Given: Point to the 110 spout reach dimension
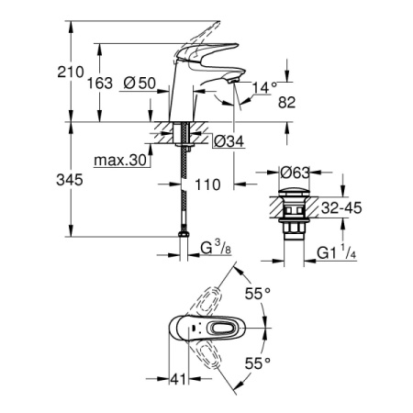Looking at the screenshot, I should [x=209, y=184].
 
